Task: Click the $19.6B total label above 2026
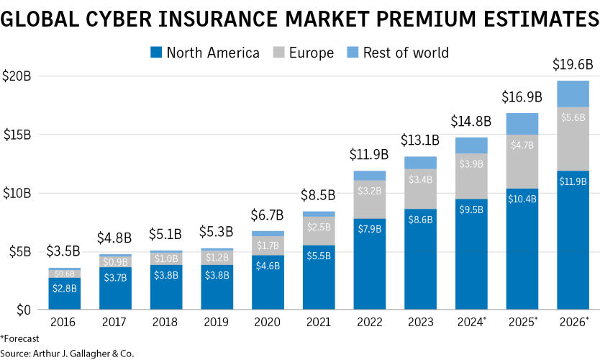[573, 65]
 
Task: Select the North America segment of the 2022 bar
[369, 264]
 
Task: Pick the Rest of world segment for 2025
[522, 124]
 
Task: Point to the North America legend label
[213, 53]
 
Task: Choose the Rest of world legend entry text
[406, 53]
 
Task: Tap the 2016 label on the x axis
[64, 322]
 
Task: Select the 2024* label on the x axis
[472, 322]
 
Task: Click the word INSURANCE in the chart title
[222, 18]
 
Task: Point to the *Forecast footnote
[20, 338]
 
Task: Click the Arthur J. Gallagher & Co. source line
[67, 353]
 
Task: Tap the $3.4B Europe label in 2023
[420, 179]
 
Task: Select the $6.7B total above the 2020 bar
[268, 215]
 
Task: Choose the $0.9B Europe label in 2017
[115, 261]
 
